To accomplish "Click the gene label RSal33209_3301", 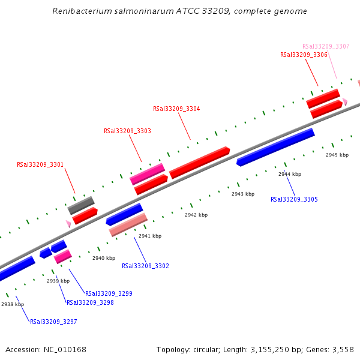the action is tap(40, 164).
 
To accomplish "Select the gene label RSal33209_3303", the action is tap(127, 131).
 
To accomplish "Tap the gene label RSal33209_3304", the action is tap(176, 109).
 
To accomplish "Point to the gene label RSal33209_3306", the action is tap(304, 55).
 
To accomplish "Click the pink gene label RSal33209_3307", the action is tap(326, 46).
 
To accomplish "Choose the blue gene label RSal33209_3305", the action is tap(294, 199).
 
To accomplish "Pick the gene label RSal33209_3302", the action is tap(145, 266).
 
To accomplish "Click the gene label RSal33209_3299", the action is tap(109, 294).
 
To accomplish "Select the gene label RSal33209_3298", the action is tap(90, 303).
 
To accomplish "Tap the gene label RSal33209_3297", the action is tap(53, 322).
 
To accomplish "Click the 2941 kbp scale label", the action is tap(150, 236).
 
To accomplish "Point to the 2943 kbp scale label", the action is tap(243, 194).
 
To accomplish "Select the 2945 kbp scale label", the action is tap(337, 155).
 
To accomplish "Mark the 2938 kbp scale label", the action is tap(13, 304).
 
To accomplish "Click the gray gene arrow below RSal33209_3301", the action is tap(80, 205).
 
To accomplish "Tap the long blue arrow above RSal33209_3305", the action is tap(275, 147).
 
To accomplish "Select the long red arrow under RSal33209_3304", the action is tap(200, 163).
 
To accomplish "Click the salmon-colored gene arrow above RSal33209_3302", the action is tap(128, 225).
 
